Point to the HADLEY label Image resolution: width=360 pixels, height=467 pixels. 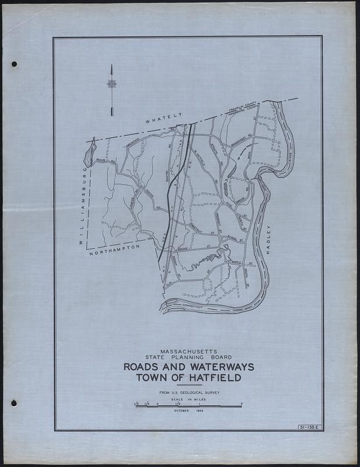269,240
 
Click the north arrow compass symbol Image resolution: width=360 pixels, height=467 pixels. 111,83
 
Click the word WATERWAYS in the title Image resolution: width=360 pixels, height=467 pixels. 216,367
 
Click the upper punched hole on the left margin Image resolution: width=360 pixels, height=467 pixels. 14,64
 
